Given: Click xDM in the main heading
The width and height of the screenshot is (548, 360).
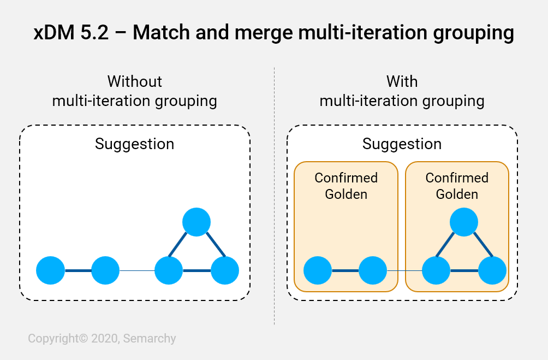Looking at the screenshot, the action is coord(54,33).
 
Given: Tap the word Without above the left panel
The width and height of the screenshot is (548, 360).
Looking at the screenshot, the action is coord(135,81).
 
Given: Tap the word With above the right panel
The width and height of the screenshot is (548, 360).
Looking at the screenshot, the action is coord(402,81).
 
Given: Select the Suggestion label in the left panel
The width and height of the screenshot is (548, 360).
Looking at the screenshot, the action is coord(135,144).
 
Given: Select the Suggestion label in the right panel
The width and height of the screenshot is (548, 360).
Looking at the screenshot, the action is coord(402,144).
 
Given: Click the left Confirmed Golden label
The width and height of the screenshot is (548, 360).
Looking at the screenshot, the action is coord(346,186).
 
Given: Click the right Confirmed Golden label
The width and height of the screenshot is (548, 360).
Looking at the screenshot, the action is coord(457,186).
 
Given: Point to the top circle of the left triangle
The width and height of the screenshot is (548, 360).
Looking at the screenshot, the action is coord(196,222).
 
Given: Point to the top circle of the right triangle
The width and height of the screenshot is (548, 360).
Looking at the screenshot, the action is coord(464,222).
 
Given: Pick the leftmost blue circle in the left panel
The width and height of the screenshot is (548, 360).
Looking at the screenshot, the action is coord(51,270).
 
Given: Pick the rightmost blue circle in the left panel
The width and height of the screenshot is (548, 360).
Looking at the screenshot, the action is coord(225,270).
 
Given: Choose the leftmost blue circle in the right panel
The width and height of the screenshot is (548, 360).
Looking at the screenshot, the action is coord(318,270).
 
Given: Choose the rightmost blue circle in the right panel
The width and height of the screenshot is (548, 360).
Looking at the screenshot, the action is coord(492,270).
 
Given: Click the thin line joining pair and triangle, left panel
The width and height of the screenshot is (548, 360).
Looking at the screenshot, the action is coord(137,270).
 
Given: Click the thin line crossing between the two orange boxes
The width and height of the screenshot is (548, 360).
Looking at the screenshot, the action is coord(404,270).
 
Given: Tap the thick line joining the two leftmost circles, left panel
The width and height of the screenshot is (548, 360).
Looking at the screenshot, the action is coord(78,270).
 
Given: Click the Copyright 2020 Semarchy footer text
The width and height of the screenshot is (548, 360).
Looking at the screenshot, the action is coord(102,339).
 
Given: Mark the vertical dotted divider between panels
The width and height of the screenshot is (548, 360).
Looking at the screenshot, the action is coord(275,196).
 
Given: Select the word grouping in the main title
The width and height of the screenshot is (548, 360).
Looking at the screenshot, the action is coord(474,33).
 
